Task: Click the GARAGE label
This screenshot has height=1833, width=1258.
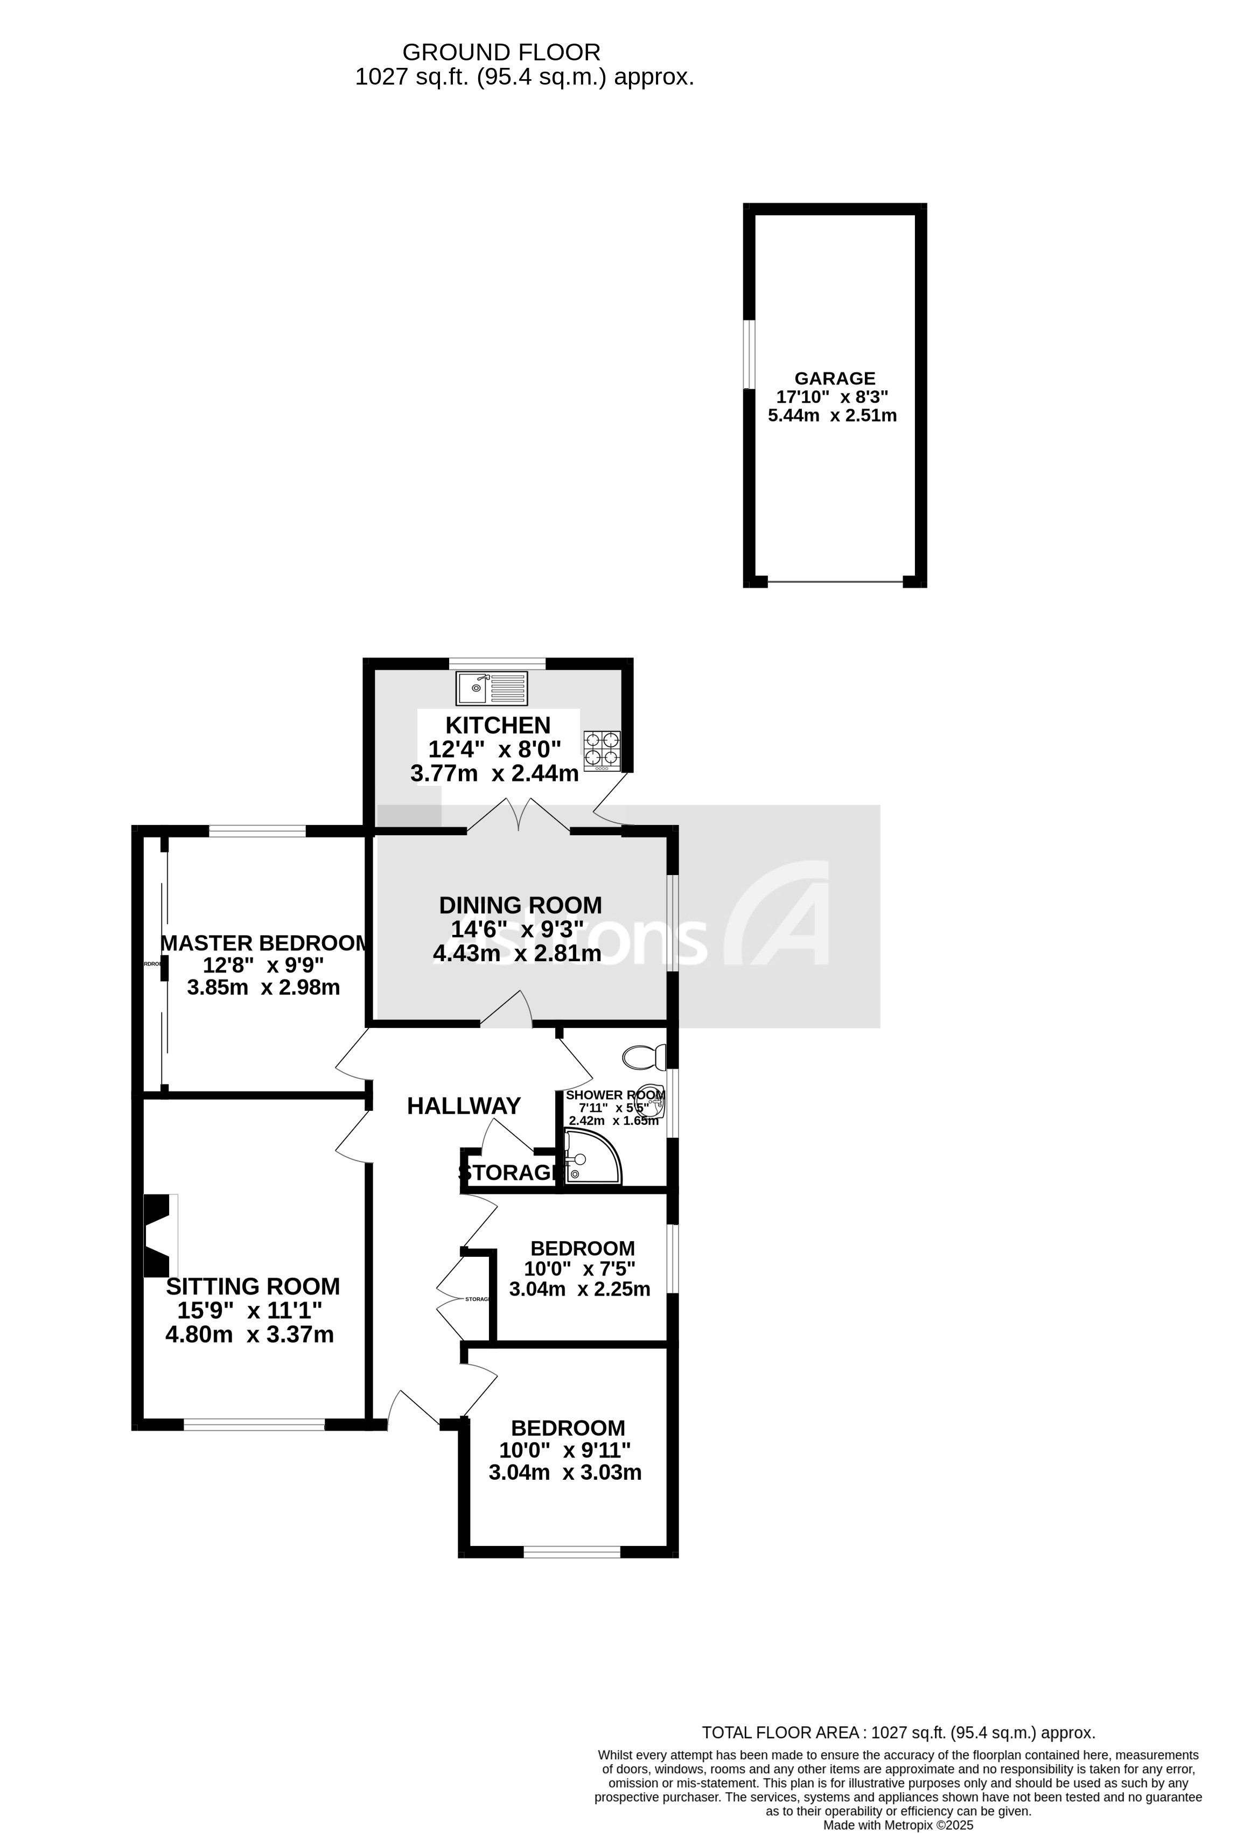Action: tap(835, 379)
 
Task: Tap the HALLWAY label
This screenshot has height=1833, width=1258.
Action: tap(464, 1107)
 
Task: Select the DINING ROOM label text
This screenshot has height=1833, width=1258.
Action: tap(520, 905)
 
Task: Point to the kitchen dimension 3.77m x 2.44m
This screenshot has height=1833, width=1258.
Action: tap(494, 774)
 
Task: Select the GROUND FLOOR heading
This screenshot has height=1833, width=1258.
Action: tap(501, 52)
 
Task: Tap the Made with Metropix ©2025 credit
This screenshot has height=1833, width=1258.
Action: tap(898, 1825)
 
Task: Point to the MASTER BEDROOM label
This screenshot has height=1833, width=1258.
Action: tap(264, 943)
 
